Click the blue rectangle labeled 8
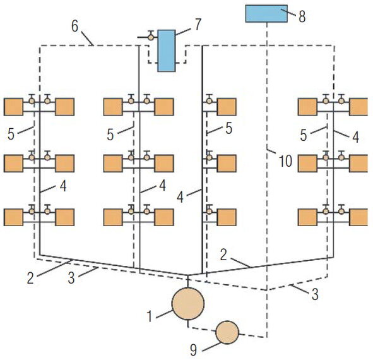click(x=266, y=13)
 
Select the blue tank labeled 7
click(x=167, y=51)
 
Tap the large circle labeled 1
click(x=188, y=304)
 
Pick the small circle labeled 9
click(x=227, y=332)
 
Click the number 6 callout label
click(x=74, y=26)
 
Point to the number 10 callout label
click(x=285, y=160)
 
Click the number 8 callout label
click(x=302, y=17)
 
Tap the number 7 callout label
click(x=198, y=25)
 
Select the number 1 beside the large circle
click(x=150, y=316)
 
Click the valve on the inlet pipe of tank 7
click(x=151, y=37)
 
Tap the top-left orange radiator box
click(x=13, y=107)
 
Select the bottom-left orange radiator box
click(x=13, y=217)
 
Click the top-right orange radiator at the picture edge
click(x=358, y=107)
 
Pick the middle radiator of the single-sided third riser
click(x=227, y=164)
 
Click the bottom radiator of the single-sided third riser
click(x=227, y=217)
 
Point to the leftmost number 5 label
click(x=11, y=135)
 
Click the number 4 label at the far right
click(x=355, y=137)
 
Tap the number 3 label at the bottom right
click(x=315, y=294)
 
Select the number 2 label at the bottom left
click(x=30, y=278)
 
